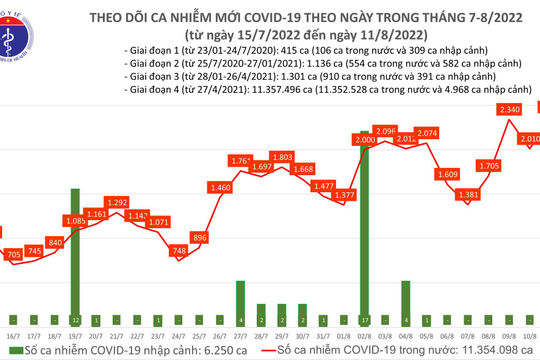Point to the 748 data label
pyautogui.click(x=179, y=251)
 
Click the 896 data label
pyautogui.click(x=200, y=237)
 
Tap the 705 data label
pyautogui.click(x=14, y=255)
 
